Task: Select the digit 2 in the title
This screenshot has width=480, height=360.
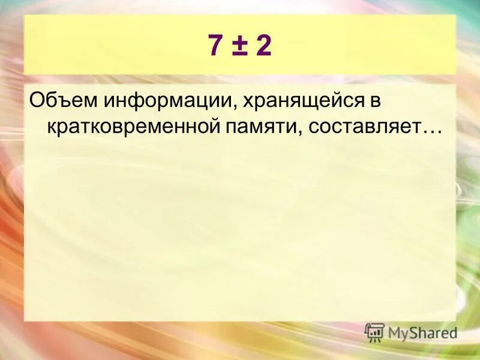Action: (x=263, y=45)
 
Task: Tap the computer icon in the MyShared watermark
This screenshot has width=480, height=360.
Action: (x=374, y=332)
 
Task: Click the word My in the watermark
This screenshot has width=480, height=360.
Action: (x=398, y=332)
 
